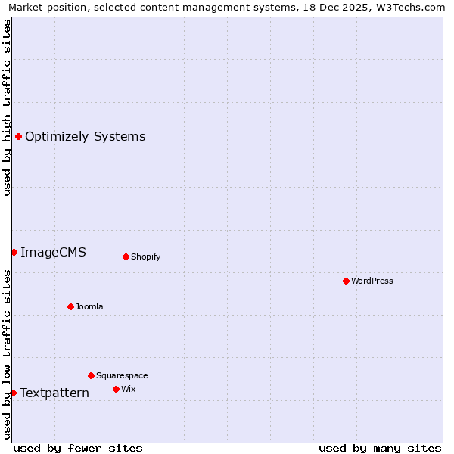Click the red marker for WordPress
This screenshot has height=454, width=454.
pyautogui.click(x=346, y=281)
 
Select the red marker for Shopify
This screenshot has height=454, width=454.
pyautogui.click(x=126, y=257)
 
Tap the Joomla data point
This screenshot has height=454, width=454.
pyautogui.click(x=70, y=306)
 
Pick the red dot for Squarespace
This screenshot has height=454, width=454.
pyautogui.click(x=91, y=375)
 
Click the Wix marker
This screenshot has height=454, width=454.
pyautogui.click(x=116, y=389)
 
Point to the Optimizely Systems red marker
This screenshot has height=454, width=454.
pyautogui.click(x=18, y=136)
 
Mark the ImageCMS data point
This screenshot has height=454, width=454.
pyautogui.click(x=14, y=252)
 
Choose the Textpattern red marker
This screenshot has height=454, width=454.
pyautogui.click(x=13, y=393)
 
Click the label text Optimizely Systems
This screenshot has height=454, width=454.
pyautogui.click(x=85, y=137)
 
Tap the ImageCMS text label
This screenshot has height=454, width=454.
pyautogui.click(x=53, y=253)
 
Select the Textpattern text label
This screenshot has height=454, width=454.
pyautogui.click(x=54, y=393)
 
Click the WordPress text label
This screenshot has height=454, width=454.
pyautogui.click(x=372, y=281)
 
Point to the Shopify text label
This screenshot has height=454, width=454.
pyautogui.click(x=145, y=257)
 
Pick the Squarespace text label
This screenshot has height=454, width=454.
pyautogui.click(x=122, y=376)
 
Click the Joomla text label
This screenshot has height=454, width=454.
pyautogui.click(x=89, y=307)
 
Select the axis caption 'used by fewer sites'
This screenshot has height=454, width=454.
pyautogui.click(x=78, y=448)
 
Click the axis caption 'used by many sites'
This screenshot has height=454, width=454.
pyautogui.click(x=380, y=448)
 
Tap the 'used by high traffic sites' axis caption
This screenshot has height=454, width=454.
pyautogui.click(x=7, y=107)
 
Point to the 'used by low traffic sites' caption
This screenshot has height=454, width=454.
pyautogui.click(x=7, y=353)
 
